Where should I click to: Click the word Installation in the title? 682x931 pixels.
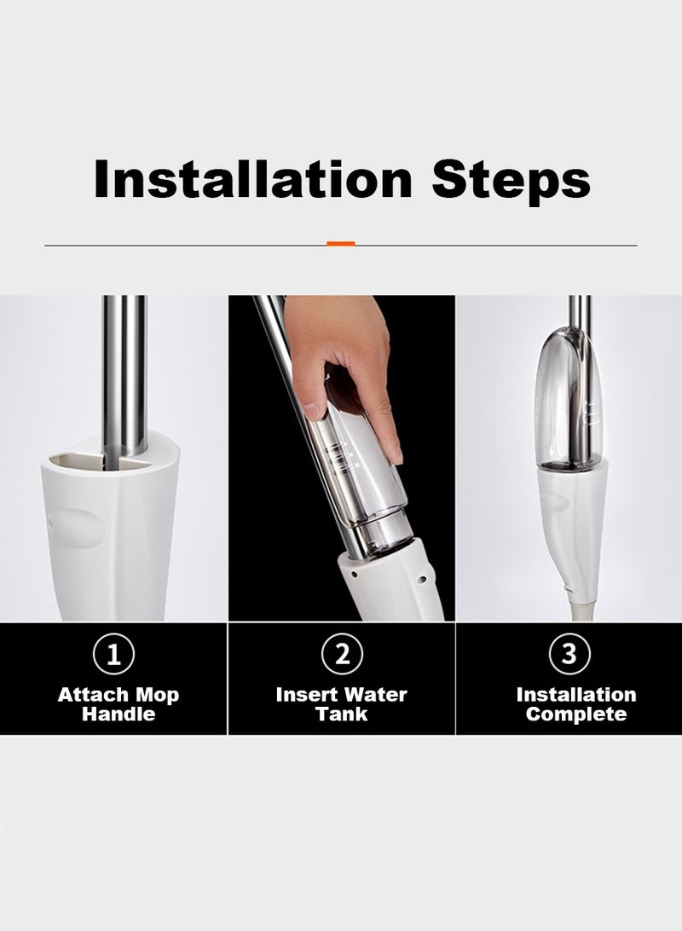click(x=252, y=179)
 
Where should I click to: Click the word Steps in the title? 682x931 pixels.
click(x=511, y=181)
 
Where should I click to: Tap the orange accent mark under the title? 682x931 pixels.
click(x=341, y=244)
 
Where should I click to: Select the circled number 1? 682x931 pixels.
click(x=113, y=654)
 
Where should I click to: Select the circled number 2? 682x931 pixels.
click(x=342, y=654)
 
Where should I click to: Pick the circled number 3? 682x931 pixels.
click(x=569, y=654)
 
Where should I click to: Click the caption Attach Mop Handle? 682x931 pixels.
click(x=118, y=704)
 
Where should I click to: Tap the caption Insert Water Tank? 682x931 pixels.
click(x=341, y=704)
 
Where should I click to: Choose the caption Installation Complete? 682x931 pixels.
click(x=575, y=704)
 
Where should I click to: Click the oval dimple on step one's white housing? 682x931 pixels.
click(x=74, y=528)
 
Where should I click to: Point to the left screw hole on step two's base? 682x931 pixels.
click(x=354, y=575)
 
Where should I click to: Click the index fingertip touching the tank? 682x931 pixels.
click(x=396, y=454)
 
